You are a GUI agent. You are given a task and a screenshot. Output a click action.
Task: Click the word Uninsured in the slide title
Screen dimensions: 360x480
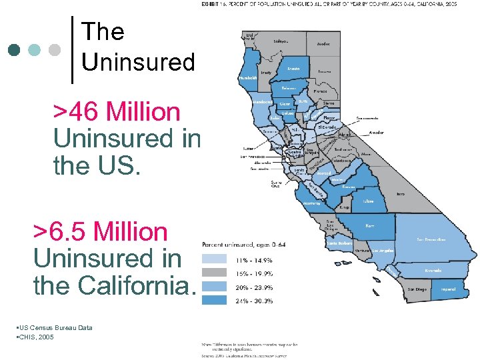point(138,62)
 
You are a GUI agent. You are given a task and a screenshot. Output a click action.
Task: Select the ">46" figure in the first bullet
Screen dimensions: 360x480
point(78,111)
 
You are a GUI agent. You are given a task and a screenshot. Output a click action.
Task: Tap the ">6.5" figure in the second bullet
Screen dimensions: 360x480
point(61,231)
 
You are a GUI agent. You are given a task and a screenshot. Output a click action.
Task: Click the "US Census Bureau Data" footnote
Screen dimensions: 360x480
point(53,327)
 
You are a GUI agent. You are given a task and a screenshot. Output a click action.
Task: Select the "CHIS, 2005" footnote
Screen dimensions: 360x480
point(34,337)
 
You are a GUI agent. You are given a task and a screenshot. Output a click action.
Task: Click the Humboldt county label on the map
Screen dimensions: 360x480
point(248,78)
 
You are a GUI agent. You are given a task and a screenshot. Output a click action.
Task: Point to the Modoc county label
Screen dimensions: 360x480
point(323,45)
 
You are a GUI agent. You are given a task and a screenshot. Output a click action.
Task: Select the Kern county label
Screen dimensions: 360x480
point(370,226)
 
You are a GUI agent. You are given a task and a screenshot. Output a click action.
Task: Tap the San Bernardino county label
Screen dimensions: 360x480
point(431,239)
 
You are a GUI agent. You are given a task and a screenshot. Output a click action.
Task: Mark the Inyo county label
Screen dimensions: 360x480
point(400,195)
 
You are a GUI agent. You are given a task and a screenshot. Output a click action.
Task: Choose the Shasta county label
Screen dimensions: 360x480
point(293,68)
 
